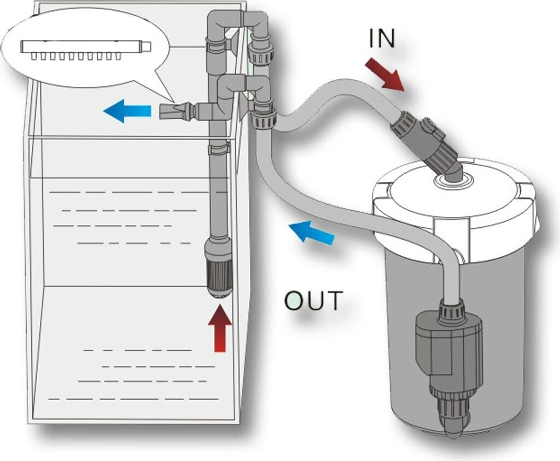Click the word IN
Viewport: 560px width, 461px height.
coord(382,38)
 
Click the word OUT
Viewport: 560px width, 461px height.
coord(313,301)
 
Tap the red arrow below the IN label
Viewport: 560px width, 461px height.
coord(384,75)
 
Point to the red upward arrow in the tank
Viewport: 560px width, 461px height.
coord(220,328)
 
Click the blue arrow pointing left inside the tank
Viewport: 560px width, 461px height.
coord(127,111)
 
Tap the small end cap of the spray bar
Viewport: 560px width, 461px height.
coord(147,47)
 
